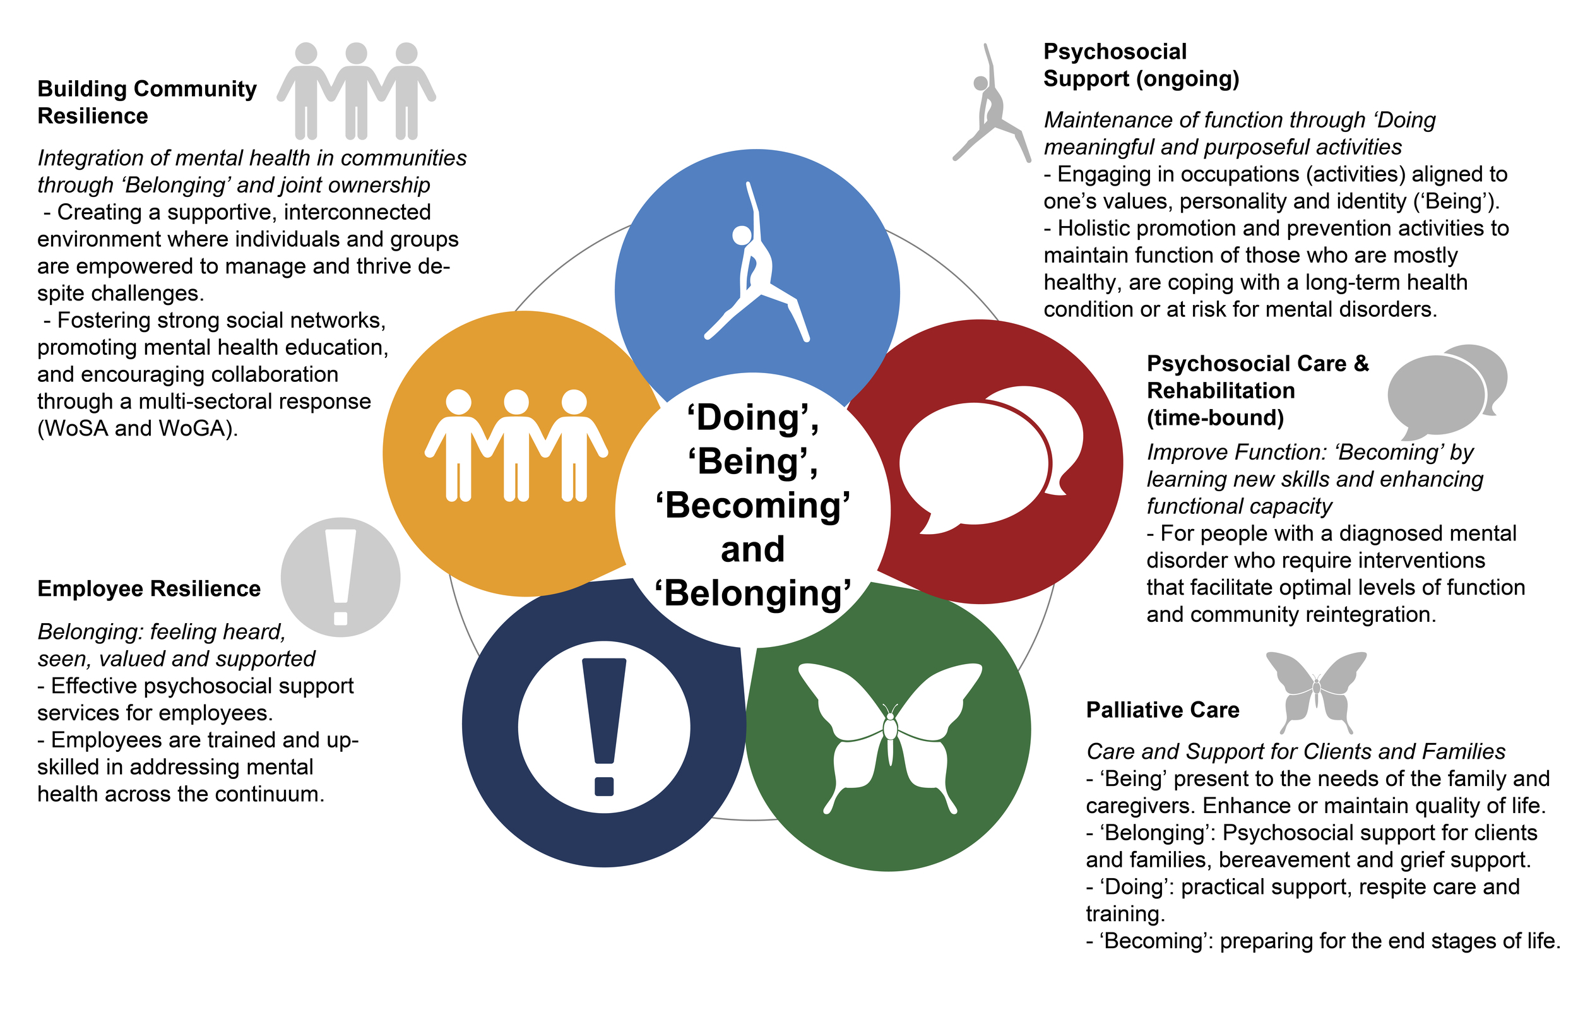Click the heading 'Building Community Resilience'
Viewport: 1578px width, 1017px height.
point(146,102)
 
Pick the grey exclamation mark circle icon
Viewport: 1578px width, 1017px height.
point(340,577)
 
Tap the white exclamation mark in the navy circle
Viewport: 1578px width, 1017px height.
point(604,727)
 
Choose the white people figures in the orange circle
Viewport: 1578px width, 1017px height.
point(516,445)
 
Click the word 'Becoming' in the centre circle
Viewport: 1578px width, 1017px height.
point(752,506)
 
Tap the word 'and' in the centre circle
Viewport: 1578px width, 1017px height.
point(752,549)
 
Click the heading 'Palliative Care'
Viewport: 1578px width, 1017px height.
point(1162,710)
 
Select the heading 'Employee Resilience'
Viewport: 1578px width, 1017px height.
point(148,588)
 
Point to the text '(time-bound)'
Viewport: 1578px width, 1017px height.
point(1215,418)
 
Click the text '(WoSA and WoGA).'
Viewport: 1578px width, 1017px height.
point(138,429)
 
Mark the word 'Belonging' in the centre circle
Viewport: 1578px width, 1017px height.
point(752,593)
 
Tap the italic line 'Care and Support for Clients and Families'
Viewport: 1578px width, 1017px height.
point(1295,751)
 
